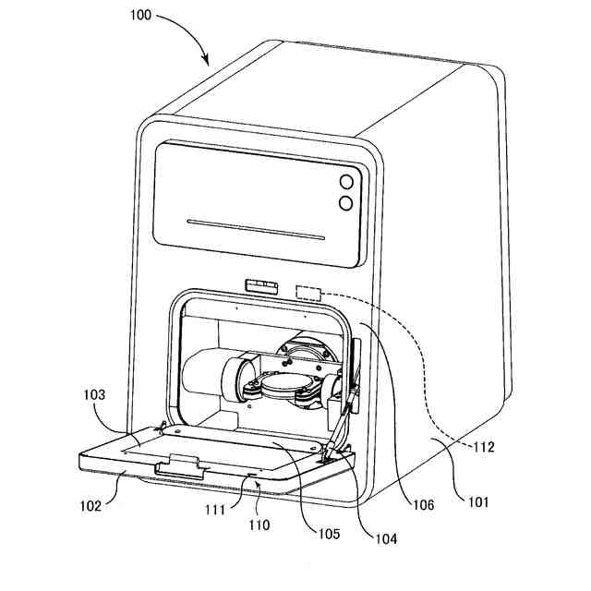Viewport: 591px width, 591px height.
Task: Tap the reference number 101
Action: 478,503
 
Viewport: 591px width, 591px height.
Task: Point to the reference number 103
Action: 92,394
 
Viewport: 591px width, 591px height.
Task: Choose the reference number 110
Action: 258,525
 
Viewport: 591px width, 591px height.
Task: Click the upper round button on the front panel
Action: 347,183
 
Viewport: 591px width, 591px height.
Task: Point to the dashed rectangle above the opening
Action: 308,294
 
